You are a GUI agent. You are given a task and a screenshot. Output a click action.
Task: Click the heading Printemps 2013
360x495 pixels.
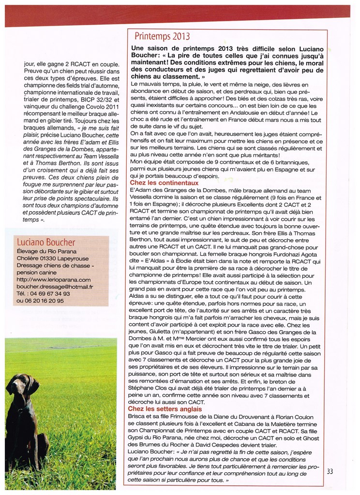162,36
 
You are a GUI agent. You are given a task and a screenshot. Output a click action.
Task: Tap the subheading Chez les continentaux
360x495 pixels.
164,183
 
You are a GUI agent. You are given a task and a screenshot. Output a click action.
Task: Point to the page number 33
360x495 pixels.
330,471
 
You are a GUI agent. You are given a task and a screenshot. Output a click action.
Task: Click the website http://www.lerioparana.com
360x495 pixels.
53,279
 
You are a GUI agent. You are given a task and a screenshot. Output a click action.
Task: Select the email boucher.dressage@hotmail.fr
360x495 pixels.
54,286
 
